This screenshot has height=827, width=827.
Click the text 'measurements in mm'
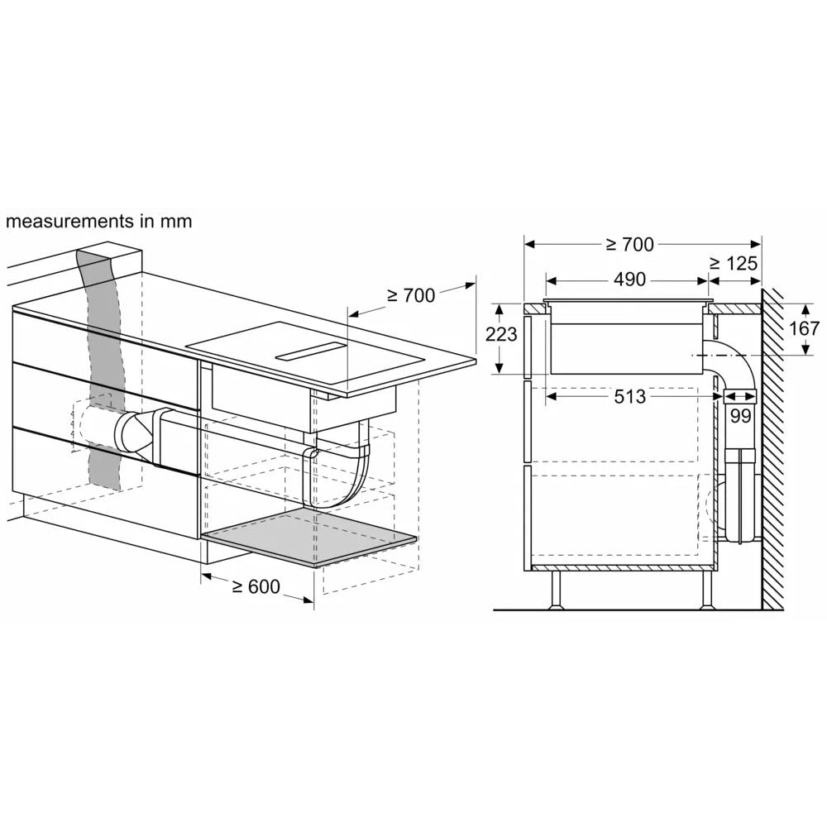coord(98,222)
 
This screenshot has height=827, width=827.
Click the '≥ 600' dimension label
coord(256,587)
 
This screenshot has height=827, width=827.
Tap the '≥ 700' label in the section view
coord(629,244)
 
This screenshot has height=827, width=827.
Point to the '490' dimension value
coord(629,280)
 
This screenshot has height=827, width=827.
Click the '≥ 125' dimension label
coord(733,264)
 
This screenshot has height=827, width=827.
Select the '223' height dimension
coord(502,335)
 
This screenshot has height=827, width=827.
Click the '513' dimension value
coord(629,397)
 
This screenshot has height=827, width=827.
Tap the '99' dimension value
coord(739,416)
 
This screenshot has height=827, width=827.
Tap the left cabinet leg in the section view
coord(556,590)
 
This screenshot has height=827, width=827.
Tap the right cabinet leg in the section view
coord(707,590)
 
